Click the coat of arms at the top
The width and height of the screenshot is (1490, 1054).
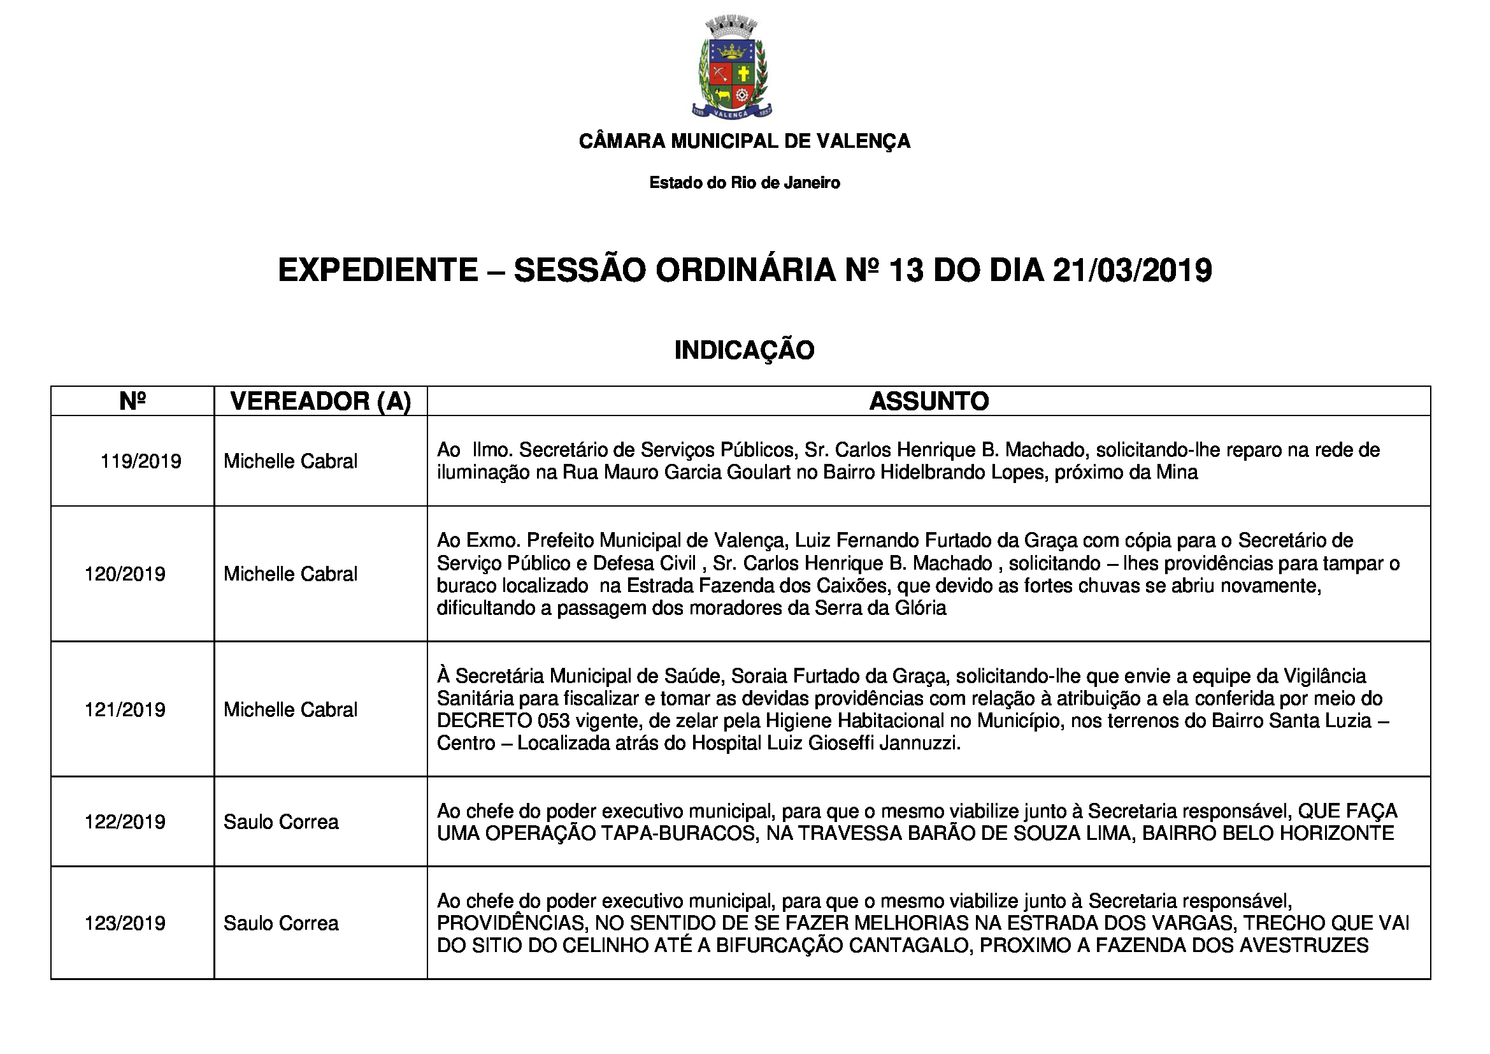[x=731, y=68]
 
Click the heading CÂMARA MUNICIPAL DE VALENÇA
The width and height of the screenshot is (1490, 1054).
[x=744, y=141]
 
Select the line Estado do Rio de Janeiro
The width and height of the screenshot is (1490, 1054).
[x=744, y=183]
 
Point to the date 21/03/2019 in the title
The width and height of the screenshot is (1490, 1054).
[x=1132, y=270]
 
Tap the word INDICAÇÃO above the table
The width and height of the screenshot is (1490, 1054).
[x=744, y=350]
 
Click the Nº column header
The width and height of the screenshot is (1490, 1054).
[x=133, y=401]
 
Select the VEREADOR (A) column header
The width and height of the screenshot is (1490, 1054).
[x=320, y=401]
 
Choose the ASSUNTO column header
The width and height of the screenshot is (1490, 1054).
[x=929, y=401]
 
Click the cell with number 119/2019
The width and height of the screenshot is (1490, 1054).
[x=141, y=461]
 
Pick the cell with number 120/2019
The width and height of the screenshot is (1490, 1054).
[x=125, y=574]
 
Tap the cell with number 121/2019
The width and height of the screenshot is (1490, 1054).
[x=125, y=710]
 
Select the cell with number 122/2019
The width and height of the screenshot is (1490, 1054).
[x=125, y=822]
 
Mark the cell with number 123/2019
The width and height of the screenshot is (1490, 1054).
[x=125, y=923]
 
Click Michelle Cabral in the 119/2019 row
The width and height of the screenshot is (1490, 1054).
[x=290, y=461]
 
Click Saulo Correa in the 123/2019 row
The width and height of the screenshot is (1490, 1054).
[x=281, y=923]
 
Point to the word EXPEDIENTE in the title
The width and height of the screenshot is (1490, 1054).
[x=378, y=270]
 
